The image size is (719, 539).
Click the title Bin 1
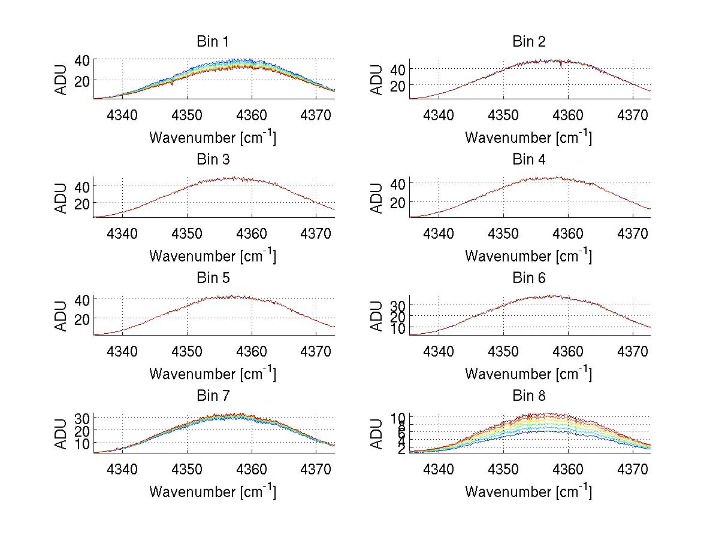point(212,42)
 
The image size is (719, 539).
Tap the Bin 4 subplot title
point(528,160)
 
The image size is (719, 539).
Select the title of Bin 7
point(212,396)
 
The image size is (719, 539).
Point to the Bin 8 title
point(528,396)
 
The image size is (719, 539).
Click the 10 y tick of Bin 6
point(398,328)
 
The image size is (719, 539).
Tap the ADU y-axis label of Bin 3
point(61,197)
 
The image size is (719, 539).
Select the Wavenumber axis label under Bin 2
point(528,138)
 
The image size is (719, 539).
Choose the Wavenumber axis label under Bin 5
point(212,374)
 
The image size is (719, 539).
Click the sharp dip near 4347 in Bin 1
point(173,84)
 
